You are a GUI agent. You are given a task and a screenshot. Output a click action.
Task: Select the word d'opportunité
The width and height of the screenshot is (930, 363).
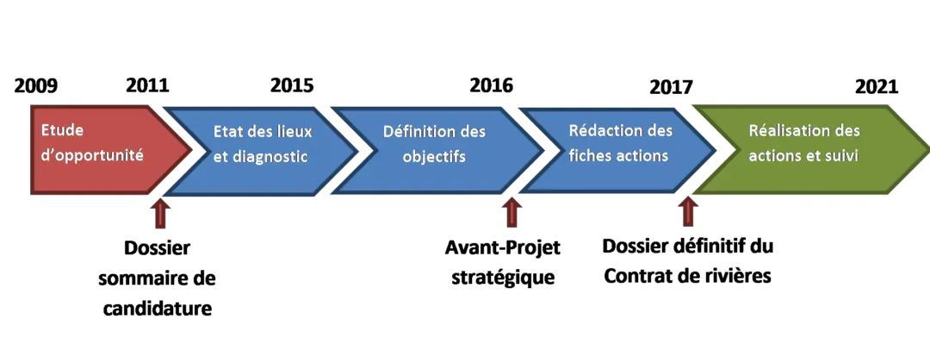[x=93, y=157]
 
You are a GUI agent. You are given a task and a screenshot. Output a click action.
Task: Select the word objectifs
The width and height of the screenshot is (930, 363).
[x=434, y=158]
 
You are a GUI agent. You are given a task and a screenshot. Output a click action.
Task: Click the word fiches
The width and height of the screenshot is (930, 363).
[x=591, y=156]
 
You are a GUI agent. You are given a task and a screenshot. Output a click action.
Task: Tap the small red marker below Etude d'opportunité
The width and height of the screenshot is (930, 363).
[x=158, y=215]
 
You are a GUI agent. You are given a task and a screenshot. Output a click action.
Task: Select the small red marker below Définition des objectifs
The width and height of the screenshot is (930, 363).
[x=512, y=214]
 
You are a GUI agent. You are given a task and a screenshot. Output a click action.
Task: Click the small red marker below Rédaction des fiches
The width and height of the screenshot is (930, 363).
[x=688, y=211]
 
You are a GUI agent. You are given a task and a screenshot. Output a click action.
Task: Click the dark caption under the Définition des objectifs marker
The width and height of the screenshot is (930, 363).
[x=503, y=262]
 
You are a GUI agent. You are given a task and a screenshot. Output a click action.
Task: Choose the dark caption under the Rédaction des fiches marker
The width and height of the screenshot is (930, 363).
[x=689, y=261]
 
